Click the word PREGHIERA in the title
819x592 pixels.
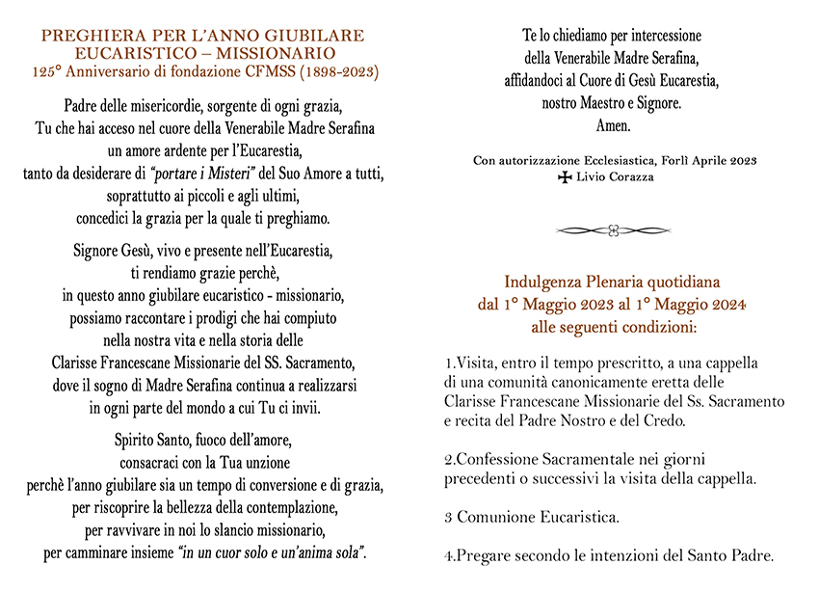[x=85, y=36]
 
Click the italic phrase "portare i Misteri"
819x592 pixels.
[x=225, y=173]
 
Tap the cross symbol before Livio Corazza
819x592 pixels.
[x=565, y=178]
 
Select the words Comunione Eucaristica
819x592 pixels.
[x=538, y=517]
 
